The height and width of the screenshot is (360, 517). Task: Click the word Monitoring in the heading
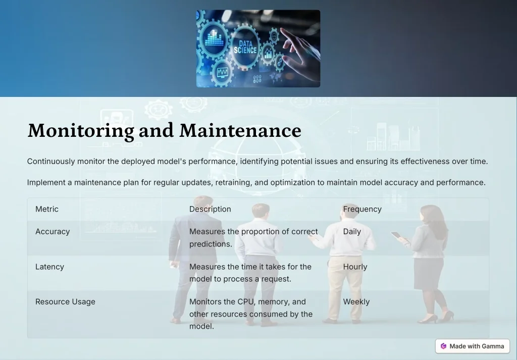point(81,131)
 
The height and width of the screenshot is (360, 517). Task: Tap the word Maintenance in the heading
point(240,130)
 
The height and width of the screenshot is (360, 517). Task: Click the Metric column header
point(47,209)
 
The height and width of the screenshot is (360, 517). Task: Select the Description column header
point(210,209)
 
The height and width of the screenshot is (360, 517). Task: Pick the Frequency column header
point(362,209)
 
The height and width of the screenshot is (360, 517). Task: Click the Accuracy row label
point(53,232)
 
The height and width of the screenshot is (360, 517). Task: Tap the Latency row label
point(49,267)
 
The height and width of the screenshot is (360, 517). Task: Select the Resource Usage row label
point(65,301)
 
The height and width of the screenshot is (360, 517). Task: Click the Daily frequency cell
point(352,232)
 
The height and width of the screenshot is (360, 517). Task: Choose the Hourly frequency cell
point(355,267)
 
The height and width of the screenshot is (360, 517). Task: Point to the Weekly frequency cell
point(356,301)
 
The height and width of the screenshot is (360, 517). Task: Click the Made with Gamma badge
point(472,346)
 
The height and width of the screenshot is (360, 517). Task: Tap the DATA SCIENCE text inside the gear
point(245,47)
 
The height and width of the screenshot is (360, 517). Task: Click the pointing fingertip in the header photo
point(282,30)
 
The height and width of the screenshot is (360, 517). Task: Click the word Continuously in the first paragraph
point(51,162)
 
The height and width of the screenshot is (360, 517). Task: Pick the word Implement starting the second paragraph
point(46,183)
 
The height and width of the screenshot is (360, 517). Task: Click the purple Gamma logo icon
point(443,346)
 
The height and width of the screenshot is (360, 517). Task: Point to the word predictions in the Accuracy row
point(211,244)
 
